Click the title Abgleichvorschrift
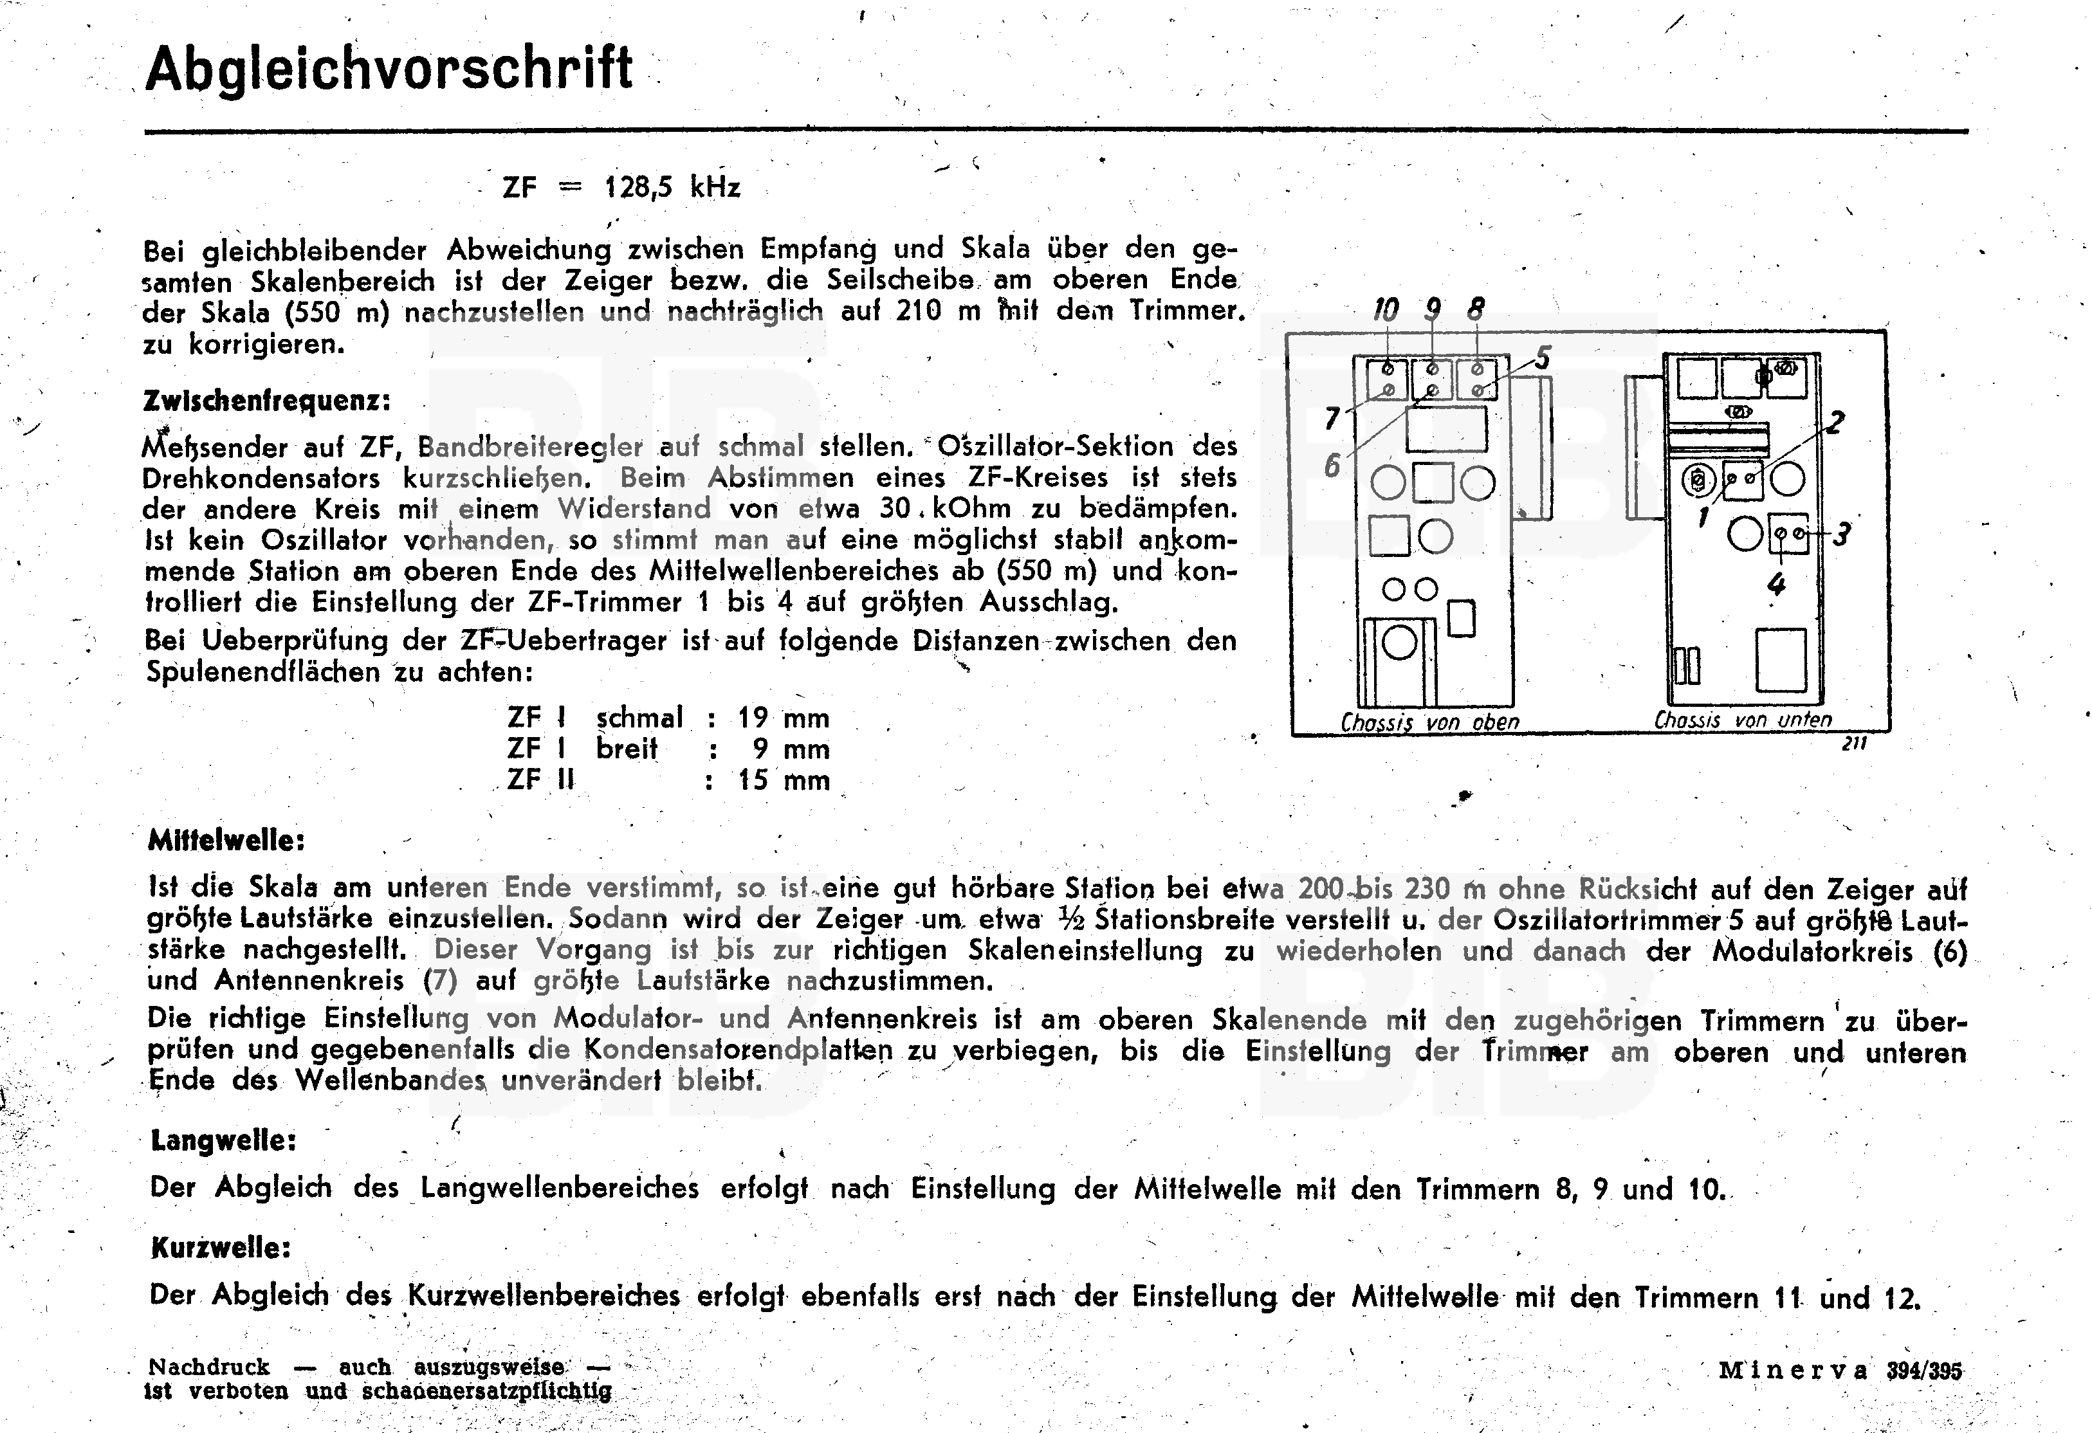point(389,68)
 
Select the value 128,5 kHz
point(672,187)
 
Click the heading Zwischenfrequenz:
point(266,401)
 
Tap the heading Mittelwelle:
point(226,841)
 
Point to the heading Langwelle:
point(223,1140)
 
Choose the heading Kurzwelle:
point(221,1248)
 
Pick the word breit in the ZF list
point(627,749)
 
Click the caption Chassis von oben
point(1429,722)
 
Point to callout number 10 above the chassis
point(1386,311)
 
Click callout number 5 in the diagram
point(1543,358)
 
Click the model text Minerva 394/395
point(1840,1371)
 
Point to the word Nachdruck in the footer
point(209,1366)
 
